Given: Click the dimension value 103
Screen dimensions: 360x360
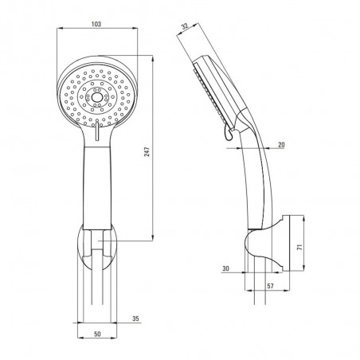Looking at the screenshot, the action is pyautogui.click(x=96, y=24).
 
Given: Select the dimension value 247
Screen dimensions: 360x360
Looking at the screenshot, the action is pyautogui.click(x=147, y=151).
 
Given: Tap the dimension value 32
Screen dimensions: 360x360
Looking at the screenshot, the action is pyautogui.click(x=185, y=26).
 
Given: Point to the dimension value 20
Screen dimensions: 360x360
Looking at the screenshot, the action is pyautogui.click(x=281, y=145).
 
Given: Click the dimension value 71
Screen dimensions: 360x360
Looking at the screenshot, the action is pyautogui.click(x=299, y=247).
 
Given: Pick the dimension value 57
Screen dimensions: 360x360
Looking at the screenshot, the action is pyautogui.click(x=270, y=286).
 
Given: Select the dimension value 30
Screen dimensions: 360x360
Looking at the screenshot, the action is pyautogui.click(x=225, y=268).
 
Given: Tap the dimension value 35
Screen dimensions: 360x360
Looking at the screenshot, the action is pyautogui.click(x=135, y=319).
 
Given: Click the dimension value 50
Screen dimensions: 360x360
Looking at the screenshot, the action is pyautogui.click(x=97, y=334).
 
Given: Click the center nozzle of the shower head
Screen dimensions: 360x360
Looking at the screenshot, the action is pyautogui.click(x=96, y=98).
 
